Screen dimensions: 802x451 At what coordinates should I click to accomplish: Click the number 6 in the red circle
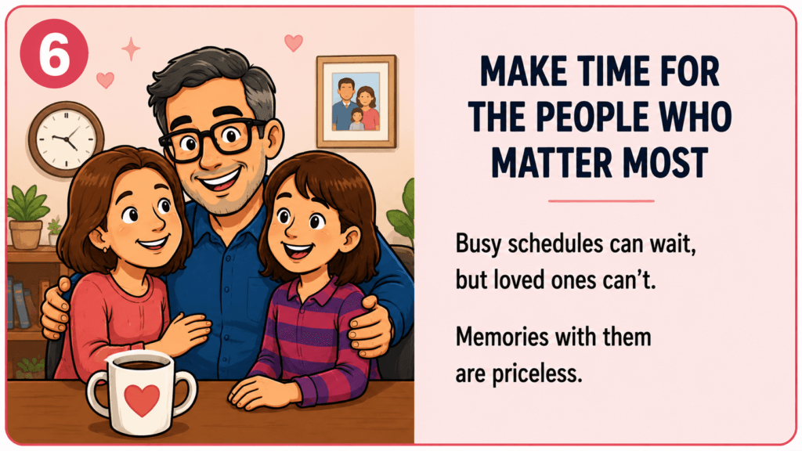pyautogui.click(x=54, y=53)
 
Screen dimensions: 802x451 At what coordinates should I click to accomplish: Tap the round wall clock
pyautogui.click(x=66, y=139)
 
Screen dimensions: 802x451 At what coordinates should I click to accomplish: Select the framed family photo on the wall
pyautogui.click(x=356, y=101)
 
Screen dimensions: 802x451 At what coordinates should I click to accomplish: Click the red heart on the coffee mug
pyautogui.click(x=142, y=399)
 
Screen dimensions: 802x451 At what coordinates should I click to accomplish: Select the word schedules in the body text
pyautogui.click(x=548, y=244)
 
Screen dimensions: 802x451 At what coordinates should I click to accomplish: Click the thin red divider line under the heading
pyautogui.click(x=601, y=201)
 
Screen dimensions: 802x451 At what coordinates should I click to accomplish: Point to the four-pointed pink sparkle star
pyautogui.click(x=131, y=49)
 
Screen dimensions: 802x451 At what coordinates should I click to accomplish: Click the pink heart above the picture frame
pyautogui.click(x=294, y=42)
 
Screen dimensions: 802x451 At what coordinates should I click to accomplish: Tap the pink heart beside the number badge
pyautogui.click(x=106, y=80)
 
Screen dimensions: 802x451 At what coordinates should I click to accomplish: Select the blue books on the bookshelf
pyautogui.click(x=18, y=303)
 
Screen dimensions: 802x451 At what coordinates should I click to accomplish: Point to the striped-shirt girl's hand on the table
pyautogui.click(x=262, y=393)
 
